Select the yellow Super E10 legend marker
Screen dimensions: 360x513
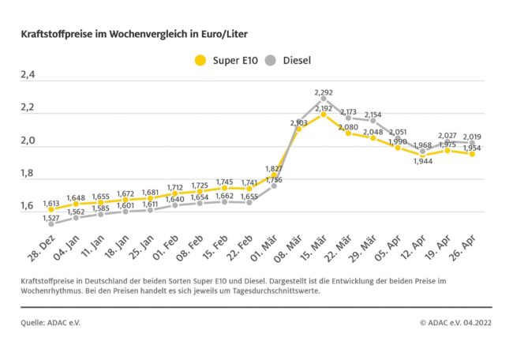point(200,60)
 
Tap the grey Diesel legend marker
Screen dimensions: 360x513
point(271,60)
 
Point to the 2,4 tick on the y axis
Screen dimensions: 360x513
point(29,76)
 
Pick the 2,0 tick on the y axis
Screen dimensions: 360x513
point(29,141)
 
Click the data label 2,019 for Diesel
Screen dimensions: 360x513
point(472,136)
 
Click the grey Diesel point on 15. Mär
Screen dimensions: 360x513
point(324,99)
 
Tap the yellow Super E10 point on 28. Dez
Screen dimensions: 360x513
point(51,210)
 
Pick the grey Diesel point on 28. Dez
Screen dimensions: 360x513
point(51,223)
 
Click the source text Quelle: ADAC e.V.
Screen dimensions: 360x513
point(51,322)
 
